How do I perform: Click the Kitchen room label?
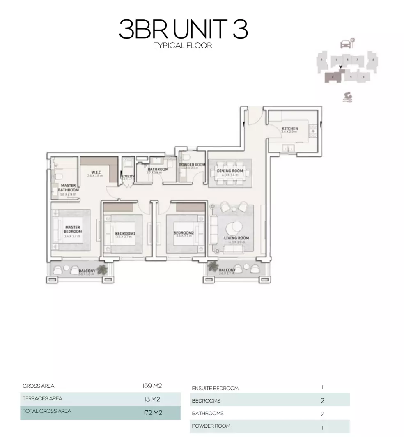(x=290, y=129)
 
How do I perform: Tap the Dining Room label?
(x=230, y=171)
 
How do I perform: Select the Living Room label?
(x=236, y=238)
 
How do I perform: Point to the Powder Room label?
(x=192, y=165)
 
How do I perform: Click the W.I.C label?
(x=96, y=172)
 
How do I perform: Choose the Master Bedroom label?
(x=73, y=230)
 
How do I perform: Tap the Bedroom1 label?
(x=125, y=234)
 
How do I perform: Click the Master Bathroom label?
(x=68, y=188)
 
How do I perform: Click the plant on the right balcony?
(x=213, y=267)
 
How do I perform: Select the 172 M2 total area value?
(x=153, y=412)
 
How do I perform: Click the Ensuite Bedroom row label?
(x=215, y=388)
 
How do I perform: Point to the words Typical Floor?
(x=183, y=46)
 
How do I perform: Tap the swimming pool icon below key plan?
(x=347, y=97)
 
